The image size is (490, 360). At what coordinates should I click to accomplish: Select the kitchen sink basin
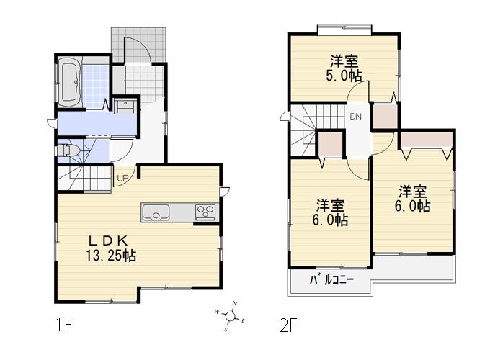pyautogui.click(x=156, y=212)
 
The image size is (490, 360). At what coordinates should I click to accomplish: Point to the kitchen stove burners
pyautogui.click(x=204, y=212)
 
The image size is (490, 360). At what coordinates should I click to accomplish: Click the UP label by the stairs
pyautogui.click(x=122, y=179)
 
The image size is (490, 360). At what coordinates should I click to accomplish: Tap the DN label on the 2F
pyautogui.click(x=355, y=117)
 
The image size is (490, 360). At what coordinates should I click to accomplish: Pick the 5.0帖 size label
pyautogui.click(x=345, y=76)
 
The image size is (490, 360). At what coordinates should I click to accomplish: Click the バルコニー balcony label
pyautogui.click(x=332, y=280)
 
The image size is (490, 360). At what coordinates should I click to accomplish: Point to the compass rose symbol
pyautogui.click(x=230, y=315)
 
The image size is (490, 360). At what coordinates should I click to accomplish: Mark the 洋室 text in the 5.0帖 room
pyautogui.click(x=345, y=61)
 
